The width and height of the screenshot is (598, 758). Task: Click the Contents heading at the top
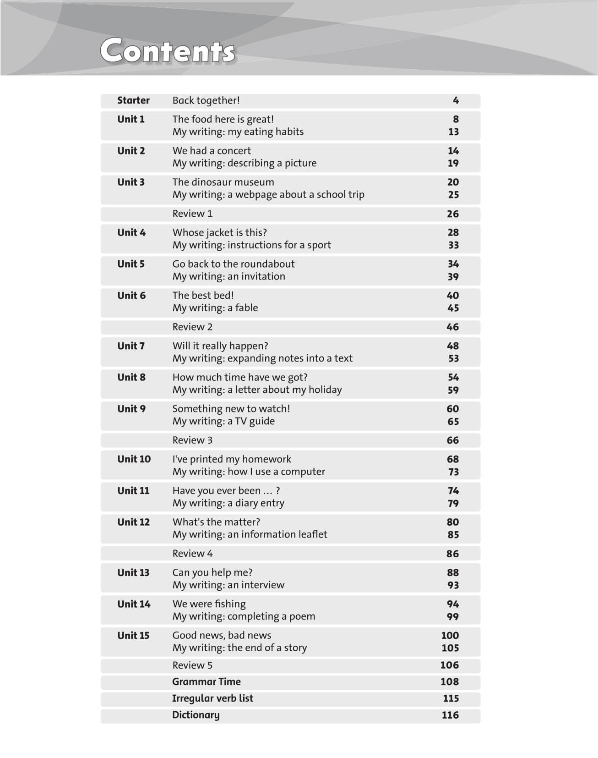pyautogui.click(x=167, y=50)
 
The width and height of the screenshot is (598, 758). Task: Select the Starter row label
pyautogui.click(x=133, y=100)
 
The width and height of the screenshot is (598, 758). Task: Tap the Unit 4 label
pyautogui.click(x=131, y=232)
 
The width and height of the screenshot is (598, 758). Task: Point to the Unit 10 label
pyautogui.click(x=134, y=459)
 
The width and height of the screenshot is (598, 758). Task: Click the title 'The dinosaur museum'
pyautogui.click(x=223, y=182)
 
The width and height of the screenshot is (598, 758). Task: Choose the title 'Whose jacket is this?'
pyautogui.click(x=219, y=232)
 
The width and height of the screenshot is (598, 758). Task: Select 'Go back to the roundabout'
pyautogui.click(x=234, y=264)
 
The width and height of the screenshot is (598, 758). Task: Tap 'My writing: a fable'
pyautogui.click(x=215, y=308)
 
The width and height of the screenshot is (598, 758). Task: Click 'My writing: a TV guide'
pyautogui.click(x=223, y=421)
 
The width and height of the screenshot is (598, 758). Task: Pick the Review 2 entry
pyautogui.click(x=192, y=327)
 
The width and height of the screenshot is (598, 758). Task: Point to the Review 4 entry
pyautogui.click(x=192, y=553)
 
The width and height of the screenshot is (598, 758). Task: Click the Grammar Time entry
pyautogui.click(x=206, y=681)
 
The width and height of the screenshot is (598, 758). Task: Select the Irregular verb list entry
pyautogui.click(x=212, y=698)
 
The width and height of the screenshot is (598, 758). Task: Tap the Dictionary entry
pyautogui.click(x=196, y=715)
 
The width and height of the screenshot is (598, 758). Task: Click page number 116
pyautogui.click(x=450, y=715)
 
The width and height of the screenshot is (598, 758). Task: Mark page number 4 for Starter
pyautogui.click(x=456, y=100)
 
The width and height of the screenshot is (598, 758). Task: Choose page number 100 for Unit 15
pyautogui.click(x=450, y=635)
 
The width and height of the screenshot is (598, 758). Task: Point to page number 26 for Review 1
pyautogui.click(x=453, y=214)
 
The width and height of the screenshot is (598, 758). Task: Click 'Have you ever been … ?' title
pyautogui.click(x=226, y=490)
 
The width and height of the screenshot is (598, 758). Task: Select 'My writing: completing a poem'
pyautogui.click(x=244, y=616)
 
